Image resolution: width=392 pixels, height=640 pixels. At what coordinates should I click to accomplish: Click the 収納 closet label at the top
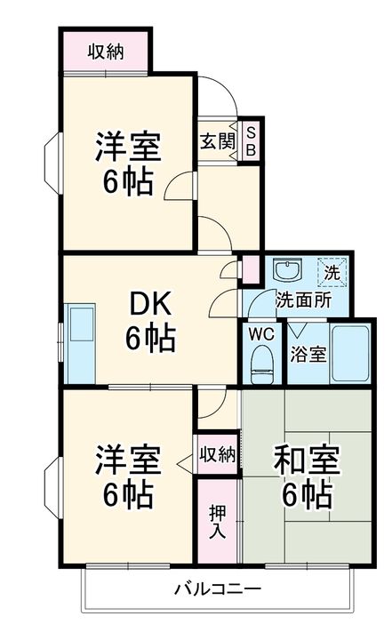105,52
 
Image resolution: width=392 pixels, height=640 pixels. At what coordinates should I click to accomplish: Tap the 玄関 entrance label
217,140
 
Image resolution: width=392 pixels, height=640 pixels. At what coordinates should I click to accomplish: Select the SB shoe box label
251,140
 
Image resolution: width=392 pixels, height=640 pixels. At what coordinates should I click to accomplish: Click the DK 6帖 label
148,321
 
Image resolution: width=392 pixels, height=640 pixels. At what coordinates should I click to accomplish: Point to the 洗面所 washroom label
303,300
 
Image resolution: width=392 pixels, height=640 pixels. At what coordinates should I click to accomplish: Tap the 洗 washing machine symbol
332,271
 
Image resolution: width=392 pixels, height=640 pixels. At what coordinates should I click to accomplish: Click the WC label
261,334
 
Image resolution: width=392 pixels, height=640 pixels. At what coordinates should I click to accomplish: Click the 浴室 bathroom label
308,353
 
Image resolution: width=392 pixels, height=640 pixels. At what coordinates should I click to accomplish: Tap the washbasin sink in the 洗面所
286,271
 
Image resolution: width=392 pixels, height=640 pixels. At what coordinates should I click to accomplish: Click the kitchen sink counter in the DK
80,341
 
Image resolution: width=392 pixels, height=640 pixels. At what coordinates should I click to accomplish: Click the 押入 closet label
217,523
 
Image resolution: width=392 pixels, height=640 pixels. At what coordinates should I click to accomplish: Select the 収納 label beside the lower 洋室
217,455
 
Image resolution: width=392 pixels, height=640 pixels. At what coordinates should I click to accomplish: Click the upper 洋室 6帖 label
128,164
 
